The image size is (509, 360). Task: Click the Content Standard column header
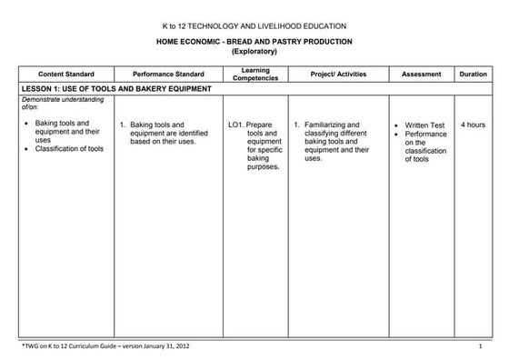pos(63,74)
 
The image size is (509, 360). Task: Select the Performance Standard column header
pos(168,74)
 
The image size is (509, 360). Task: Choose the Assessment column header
pos(421,74)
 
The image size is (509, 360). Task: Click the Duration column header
pos(473,74)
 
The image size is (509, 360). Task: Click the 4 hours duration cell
pos(473,125)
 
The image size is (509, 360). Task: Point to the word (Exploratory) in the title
pos(254,52)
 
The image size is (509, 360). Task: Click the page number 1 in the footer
pos(479,346)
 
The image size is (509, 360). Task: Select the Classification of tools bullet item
pos(69,149)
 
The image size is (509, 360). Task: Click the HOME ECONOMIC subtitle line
pos(254,42)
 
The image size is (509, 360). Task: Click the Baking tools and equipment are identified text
pos(169,133)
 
